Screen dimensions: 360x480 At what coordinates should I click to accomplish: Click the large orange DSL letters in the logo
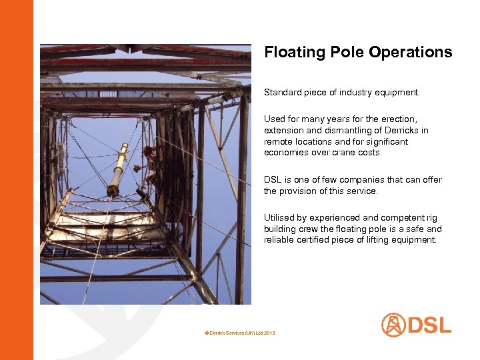430,325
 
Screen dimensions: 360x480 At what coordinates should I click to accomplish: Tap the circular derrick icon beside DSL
393,325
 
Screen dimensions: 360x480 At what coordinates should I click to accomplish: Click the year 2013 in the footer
269,332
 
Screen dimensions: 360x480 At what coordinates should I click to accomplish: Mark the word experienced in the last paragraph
331,218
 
